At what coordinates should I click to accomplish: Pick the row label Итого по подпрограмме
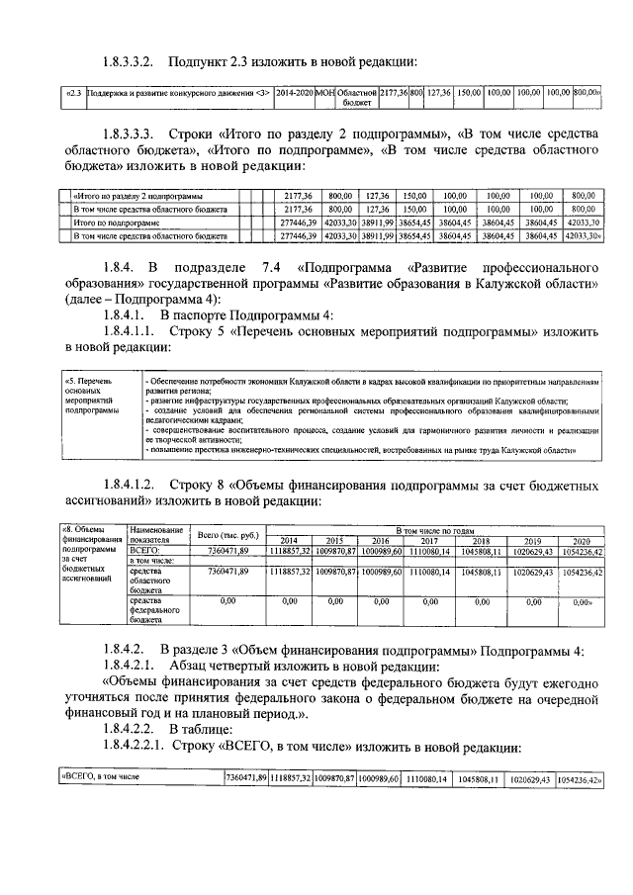[x=114, y=224]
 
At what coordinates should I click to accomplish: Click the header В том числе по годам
[x=436, y=530]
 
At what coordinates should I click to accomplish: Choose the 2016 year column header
[x=380, y=541]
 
